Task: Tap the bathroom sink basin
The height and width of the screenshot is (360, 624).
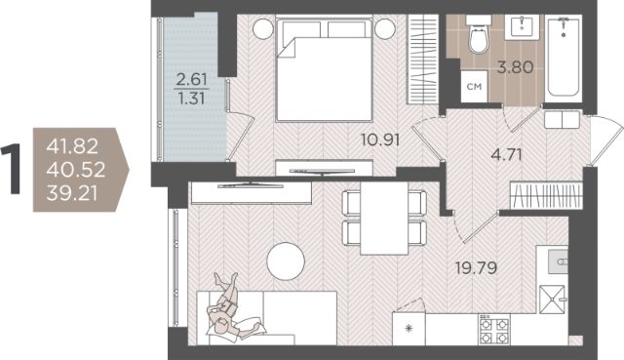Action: [x=522, y=27]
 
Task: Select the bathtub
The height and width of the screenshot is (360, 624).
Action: [x=564, y=56]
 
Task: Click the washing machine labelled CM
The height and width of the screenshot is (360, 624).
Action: [x=475, y=86]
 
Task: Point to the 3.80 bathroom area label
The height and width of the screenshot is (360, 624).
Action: [x=516, y=67]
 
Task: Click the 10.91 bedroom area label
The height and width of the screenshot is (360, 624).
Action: [x=380, y=140]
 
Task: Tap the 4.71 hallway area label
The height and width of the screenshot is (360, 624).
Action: [x=506, y=154]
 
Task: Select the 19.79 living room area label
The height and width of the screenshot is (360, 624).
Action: [x=477, y=268]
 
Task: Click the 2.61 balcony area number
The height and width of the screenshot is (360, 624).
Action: [x=192, y=80]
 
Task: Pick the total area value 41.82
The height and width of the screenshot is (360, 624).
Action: [x=72, y=146]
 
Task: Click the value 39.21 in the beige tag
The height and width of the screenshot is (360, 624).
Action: [x=72, y=194]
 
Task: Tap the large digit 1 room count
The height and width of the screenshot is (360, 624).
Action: [x=11, y=170]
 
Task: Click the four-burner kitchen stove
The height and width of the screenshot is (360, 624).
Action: [x=494, y=329]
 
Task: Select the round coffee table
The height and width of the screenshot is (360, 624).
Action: [x=286, y=261]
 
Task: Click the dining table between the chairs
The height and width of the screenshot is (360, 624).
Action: [x=384, y=219]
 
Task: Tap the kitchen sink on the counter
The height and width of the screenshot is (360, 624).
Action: [x=558, y=261]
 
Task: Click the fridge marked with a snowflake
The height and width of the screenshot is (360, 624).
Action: [x=409, y=329]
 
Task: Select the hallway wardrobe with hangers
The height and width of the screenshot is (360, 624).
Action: [x=546, y=195]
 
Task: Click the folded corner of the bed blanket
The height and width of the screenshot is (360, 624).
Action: [x=287, y=48]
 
